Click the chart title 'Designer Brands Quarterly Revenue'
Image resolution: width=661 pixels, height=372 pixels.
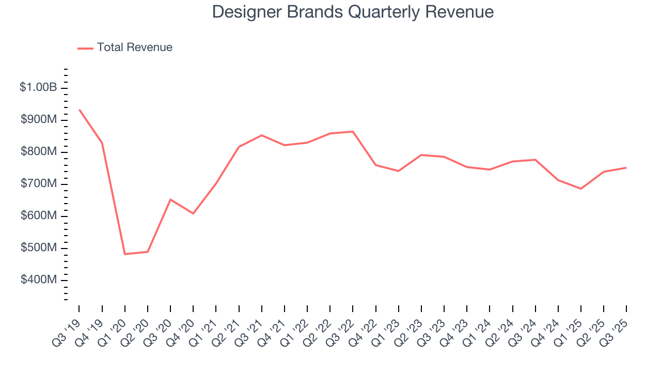[x=353, y=12]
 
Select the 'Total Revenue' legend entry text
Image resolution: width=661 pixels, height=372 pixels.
[x=134, y=48]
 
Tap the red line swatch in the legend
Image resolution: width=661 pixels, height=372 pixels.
[x=85, y=48]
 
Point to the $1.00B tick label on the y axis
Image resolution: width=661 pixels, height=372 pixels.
[x=38, y=87]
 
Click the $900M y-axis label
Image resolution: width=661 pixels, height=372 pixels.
[x=39, y=120]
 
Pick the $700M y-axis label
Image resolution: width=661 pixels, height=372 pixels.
[x=39, y=184]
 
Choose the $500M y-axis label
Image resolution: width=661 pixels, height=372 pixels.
[x=39, y=248]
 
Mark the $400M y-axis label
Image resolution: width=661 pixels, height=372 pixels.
[x=39, y=280]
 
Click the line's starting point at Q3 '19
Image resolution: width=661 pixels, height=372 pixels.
[x=79, y=110]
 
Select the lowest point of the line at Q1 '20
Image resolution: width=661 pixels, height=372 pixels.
[x=125, y=254]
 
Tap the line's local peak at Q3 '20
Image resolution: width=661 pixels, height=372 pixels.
[x=170, y=199]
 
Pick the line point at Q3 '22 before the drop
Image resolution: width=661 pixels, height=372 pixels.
[x=353, y=131]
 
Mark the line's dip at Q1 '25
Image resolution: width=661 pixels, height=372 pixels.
[x=581, y=189]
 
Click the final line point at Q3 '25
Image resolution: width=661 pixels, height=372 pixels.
[x=626, y=167]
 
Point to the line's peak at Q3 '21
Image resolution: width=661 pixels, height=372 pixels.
[x=262, y=135]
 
